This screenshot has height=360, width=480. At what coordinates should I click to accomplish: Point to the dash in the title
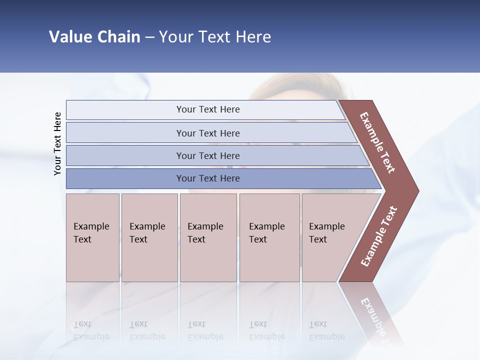149,37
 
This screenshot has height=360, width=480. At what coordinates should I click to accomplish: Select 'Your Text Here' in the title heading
215,37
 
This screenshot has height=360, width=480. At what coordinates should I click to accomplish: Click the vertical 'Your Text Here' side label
57,143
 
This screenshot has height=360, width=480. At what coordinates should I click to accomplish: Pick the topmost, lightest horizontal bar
207,109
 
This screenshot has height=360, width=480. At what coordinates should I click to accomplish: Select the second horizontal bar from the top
207,133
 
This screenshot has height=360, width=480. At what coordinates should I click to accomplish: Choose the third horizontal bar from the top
207,155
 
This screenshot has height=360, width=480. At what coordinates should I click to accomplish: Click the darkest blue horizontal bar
207,178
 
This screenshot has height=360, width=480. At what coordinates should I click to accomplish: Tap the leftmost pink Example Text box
92,237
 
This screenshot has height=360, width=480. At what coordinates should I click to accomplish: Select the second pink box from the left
149,237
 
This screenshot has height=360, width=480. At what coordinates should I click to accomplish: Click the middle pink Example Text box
208,237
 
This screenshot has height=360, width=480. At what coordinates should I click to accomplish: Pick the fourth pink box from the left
269,237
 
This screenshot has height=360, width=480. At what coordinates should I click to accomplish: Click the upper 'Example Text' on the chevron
377,142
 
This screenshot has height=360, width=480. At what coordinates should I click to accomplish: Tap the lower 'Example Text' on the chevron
379,236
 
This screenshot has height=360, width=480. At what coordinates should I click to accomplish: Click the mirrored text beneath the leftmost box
91,331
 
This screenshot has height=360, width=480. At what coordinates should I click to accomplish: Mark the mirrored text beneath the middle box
205,331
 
